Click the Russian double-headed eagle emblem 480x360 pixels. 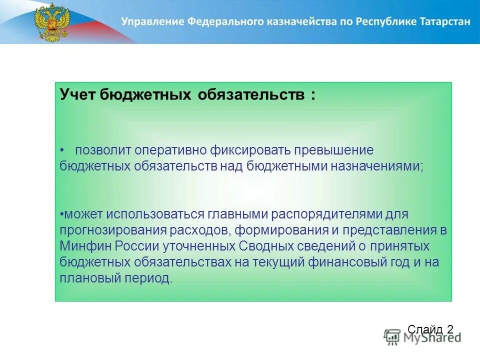click(52, 22)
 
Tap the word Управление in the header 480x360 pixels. click(151, 21)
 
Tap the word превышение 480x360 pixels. click(333, 150)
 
